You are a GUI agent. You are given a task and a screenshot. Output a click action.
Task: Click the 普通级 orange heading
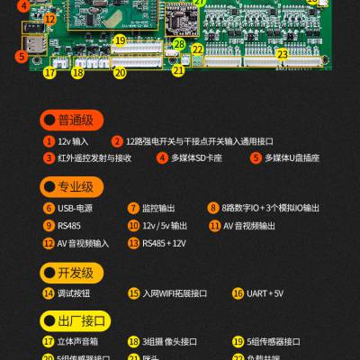[75, 120]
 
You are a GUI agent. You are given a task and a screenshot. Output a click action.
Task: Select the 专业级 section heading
[75, 187]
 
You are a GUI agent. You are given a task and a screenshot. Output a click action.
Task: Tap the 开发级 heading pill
[75, 273]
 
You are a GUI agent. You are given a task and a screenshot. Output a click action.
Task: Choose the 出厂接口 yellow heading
[75, 319]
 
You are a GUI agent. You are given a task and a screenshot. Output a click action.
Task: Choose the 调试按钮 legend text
[74, 293]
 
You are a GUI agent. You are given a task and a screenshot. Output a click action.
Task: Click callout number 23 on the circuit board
[282, 54]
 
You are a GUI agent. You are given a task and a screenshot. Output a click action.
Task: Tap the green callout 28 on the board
[179, 44]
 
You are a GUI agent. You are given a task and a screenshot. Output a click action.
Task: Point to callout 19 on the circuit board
[120, 40]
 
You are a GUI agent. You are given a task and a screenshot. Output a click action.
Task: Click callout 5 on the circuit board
[21, 56]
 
